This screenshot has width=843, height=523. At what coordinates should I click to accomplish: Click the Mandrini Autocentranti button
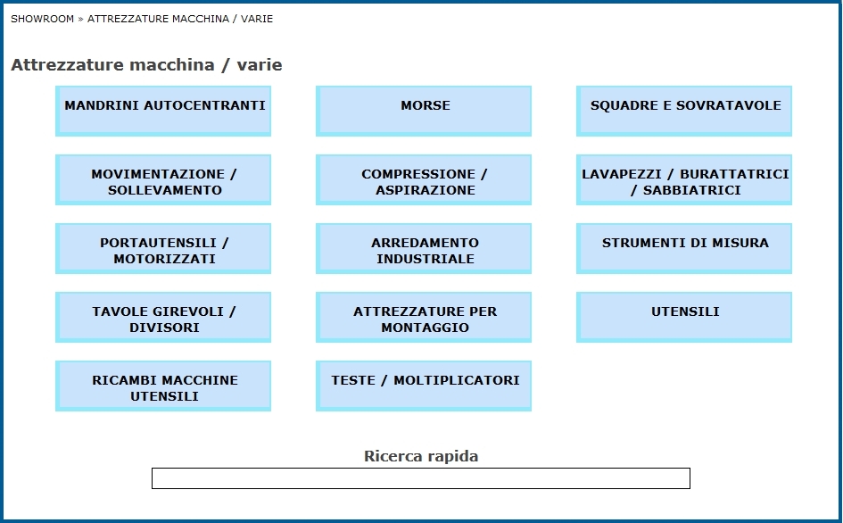pyautogui.click(x=163, y=111)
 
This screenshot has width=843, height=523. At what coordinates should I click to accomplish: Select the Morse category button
pyautogui.click(x=424, y=111)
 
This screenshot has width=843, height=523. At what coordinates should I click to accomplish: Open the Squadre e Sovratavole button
pyautogui.click(x=684, y=111)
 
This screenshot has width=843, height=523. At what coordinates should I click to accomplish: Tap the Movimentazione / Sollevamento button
pyautogui.click(x=163, y=179)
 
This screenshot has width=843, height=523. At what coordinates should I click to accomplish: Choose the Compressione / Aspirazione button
pyautogui.click(x=424, y=179)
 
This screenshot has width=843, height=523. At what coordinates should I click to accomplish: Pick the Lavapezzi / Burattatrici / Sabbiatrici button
pyautogui.click(x=684, y=179)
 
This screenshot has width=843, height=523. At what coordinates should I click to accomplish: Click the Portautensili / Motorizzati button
pyautogui.click(x=163, y=249)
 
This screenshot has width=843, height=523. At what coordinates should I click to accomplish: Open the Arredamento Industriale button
pyautogui.click(x=424, y=249)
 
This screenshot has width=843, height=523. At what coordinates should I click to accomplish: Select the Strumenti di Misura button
pyautogui.click(x=684, y=249)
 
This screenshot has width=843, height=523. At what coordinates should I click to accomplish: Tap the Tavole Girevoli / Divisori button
pyautogui.click(x=163, y=318)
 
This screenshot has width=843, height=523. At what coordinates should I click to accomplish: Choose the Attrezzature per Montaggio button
pyautogui.click(x=424, y=318)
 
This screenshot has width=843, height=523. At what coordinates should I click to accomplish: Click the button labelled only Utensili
pyautogui.click(x=684, y=318)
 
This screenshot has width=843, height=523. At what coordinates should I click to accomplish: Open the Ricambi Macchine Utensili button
pyautogui.click(x=163, y=386)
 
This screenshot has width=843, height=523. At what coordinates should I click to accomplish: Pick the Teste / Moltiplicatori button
pyautogui.click(x=424, y=386)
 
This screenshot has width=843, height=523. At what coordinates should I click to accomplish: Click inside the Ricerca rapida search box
pyautogui.click(x=421, y=478)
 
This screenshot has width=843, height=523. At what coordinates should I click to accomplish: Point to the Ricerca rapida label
pyautogui.click(x=421, y=456)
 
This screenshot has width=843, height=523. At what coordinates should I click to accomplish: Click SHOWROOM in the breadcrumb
pyautogui.click(x=43, y=19)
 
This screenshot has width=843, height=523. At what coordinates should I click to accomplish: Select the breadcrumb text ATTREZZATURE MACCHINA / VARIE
pyautogui.click(x=180, y=19)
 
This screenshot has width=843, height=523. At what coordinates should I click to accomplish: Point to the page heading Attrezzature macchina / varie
pyautogui.click(x=146, y=65)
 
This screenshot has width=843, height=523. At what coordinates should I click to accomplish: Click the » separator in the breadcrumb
pyautogui.click(x=80, y=20)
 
